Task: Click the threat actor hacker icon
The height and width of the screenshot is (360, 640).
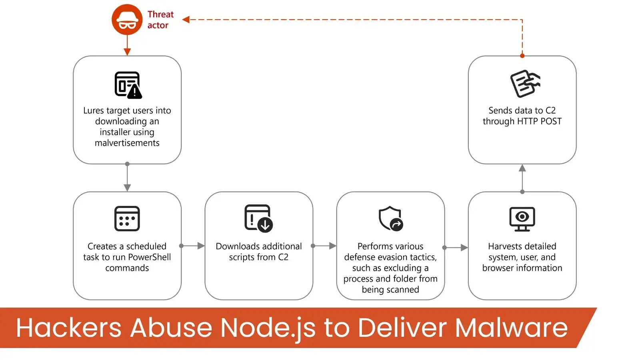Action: coord(127,20)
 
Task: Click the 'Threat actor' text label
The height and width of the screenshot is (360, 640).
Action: coord(160,20)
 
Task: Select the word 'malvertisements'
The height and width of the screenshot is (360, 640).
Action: coord(127,143)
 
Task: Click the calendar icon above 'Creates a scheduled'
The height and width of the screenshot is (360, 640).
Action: coord(127,218)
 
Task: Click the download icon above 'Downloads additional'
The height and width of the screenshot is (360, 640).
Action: coord(258,218)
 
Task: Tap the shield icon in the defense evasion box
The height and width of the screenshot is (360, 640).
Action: coord(390,218)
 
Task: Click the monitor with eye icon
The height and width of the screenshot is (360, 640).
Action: coord(522,218)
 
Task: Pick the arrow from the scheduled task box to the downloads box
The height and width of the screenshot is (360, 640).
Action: coord(193,246)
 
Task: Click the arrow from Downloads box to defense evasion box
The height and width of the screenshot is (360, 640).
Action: coord(325,246)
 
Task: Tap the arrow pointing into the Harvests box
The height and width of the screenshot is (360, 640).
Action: coord(456,248)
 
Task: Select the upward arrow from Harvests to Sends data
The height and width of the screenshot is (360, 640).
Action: coord(522,178)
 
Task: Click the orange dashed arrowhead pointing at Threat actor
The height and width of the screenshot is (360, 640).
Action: coord(186,19)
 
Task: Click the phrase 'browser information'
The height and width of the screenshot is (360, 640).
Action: coord(522,268)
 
